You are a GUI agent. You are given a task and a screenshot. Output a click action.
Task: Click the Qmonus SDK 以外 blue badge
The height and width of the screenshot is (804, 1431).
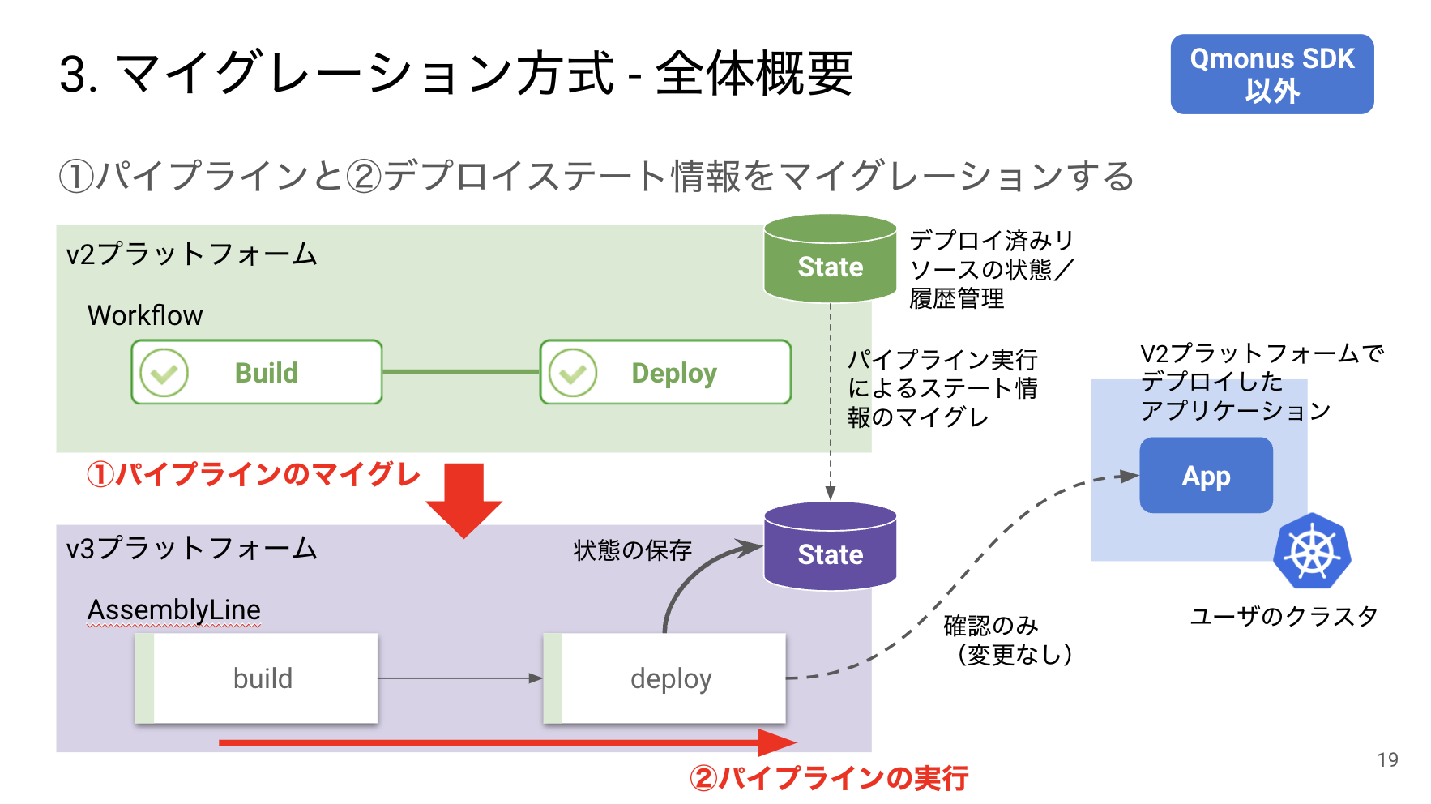tap(1271, 74)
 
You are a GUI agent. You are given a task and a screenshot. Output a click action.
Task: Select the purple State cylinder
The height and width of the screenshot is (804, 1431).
tap(830, 547)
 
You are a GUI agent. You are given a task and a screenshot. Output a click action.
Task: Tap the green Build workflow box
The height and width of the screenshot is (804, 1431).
tap(257, 372)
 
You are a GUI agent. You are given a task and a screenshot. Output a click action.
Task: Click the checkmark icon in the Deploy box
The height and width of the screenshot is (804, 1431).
tap(573, 373)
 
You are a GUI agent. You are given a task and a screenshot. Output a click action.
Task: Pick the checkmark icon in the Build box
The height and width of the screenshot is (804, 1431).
tap(164, 373)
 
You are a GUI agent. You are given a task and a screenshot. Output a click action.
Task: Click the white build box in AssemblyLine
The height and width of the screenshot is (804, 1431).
tap(257, 678)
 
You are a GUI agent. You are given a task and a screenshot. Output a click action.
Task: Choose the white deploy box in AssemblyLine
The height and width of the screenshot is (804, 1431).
tap(665, 678)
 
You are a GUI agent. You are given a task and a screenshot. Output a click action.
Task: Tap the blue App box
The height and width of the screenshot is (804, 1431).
tap(1206, 476)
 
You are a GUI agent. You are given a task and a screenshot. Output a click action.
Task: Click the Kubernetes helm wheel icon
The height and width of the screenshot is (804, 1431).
tap(1312, 552)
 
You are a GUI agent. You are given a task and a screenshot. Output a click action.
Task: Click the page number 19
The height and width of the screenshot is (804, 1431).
tap(1387, 759)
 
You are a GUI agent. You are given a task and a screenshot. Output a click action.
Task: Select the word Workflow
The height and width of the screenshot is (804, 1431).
tap(145, 315)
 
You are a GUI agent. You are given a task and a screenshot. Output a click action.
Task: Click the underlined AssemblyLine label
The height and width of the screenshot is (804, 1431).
tap(173, 609)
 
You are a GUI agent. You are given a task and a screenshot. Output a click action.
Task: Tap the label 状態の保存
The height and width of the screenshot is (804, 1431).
tap(632, 550)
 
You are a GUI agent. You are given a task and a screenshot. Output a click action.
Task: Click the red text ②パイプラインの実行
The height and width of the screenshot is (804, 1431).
tap(828, 778)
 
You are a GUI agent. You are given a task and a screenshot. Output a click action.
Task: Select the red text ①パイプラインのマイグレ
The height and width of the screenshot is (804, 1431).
tap(253, 474)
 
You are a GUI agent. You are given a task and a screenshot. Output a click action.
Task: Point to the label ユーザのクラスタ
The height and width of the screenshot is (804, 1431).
tap(1283, 616)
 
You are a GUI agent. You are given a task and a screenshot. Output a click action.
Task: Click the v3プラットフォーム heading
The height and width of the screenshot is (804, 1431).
tap(191, 549)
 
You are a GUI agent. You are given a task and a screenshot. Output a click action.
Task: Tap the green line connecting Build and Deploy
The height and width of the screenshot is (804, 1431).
tap(460, 372)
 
